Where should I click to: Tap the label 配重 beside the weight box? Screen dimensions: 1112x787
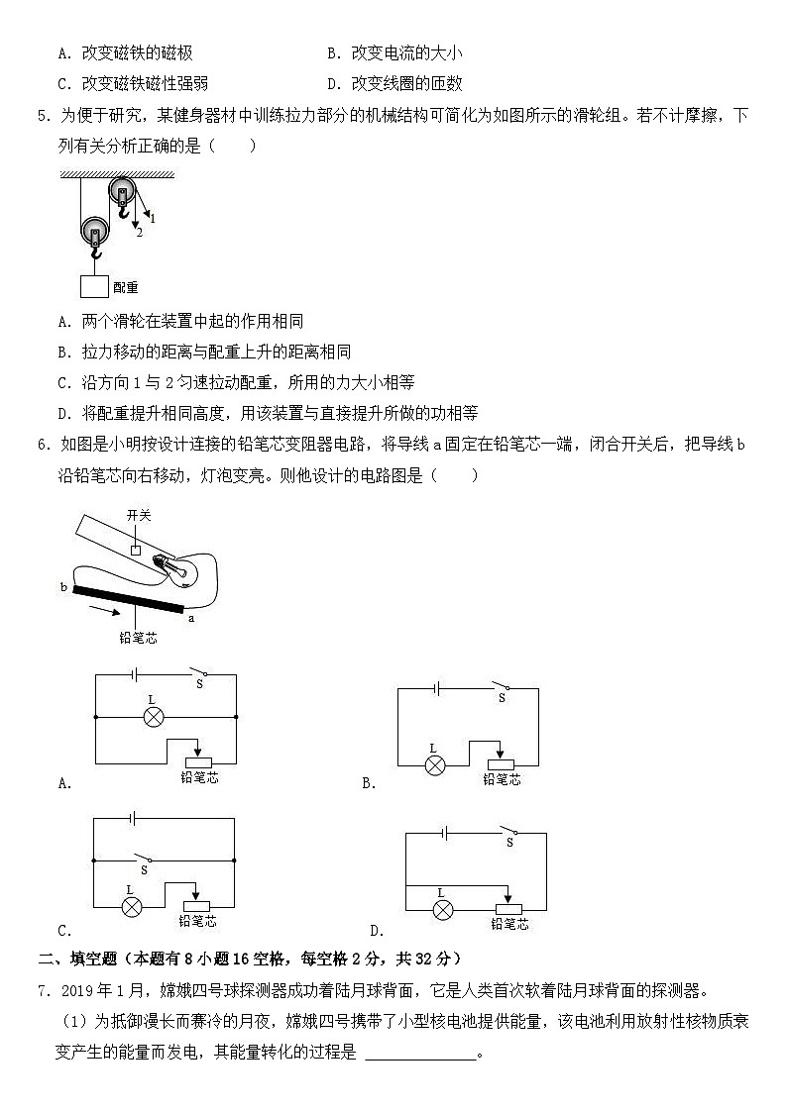click(x=126, y=287)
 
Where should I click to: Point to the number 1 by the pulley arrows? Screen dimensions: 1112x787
click(x=153, y=218)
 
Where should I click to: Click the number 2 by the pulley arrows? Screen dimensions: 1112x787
click(x=140, y=234)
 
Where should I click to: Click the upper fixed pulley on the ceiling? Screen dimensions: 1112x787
click(x=123, y=192)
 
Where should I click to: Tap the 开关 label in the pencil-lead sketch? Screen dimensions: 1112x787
click(x=138, y=515)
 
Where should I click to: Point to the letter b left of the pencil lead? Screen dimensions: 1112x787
click(x=63, y=587)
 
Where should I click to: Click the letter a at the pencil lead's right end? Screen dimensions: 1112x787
click(x=189, y=619)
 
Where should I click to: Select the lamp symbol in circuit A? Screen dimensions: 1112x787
click(x=153, y=716)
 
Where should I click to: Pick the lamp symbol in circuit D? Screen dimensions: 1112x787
click(x=445, y=908)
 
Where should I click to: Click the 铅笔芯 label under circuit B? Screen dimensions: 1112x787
click(x=502, y=780)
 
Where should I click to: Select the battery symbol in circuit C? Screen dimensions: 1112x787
click(x=130, y=819)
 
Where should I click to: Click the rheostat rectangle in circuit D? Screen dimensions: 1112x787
click(x=509, y=908)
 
